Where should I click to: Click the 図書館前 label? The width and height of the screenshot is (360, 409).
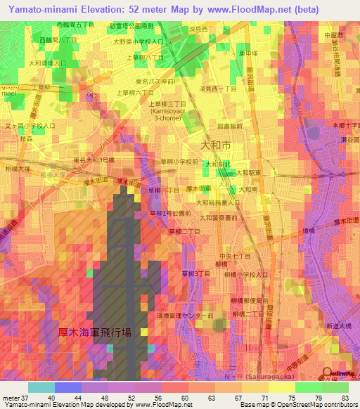click(231, 126)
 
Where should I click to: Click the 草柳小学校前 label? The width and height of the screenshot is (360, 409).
click(178, 161)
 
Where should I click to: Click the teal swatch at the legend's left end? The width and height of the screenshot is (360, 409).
click(41, 387)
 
